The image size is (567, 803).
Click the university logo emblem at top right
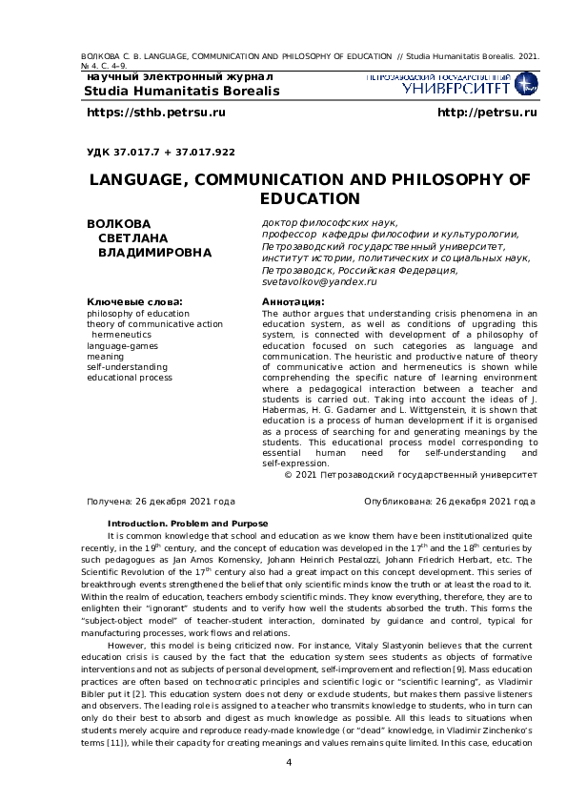point(525,83)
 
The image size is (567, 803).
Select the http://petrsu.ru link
point(486,113)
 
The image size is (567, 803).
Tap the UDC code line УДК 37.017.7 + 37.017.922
point(160,152)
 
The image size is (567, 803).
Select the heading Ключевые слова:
point(134,301)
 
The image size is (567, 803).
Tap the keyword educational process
point(129,377)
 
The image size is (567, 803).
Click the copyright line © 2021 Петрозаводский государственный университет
point(411,474)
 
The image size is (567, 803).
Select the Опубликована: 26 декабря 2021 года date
point(450,501)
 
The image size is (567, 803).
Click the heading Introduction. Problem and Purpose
point(188,524)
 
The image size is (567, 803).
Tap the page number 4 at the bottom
point(289,762)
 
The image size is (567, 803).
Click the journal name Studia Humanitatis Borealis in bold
point(182,91)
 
